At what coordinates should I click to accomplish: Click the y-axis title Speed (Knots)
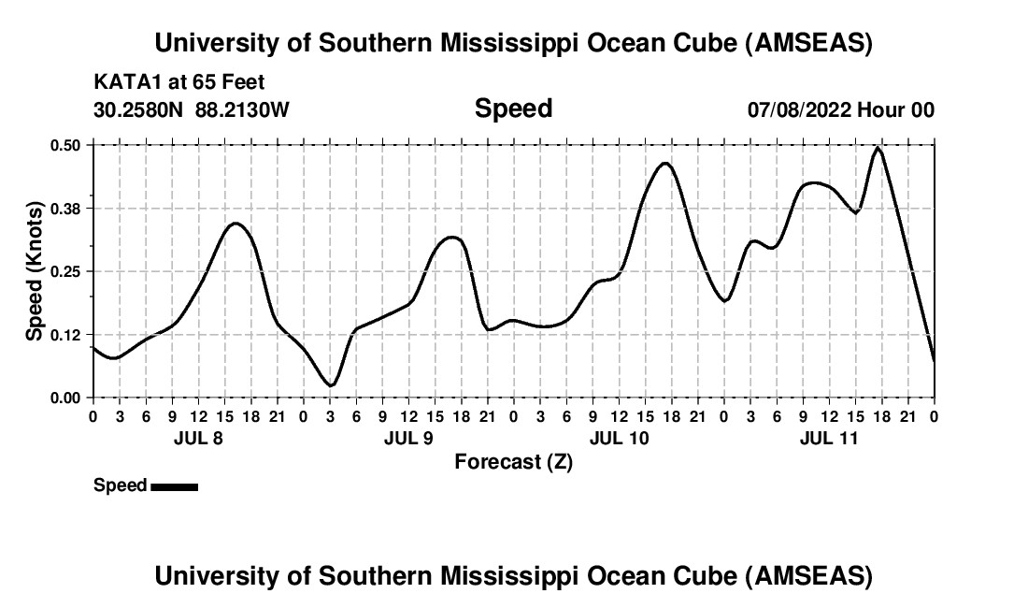point(35,270)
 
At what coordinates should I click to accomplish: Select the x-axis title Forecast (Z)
point(513,461)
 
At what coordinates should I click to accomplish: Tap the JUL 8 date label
point(198,438)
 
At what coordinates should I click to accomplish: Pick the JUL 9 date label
point(408,438)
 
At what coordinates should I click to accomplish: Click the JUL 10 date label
point(619,438)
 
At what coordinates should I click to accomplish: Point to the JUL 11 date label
point(829,438)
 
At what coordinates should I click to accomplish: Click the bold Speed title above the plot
point(513,109)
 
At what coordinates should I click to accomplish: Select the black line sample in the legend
point(174,486)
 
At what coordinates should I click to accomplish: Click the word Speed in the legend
point(121,485)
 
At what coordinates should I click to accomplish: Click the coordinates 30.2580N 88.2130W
point(192,109)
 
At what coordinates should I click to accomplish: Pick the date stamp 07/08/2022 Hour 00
point(841,109)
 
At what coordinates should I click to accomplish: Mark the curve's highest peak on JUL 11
point(877,147)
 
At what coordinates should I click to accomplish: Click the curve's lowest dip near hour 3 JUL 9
point(330,385)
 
